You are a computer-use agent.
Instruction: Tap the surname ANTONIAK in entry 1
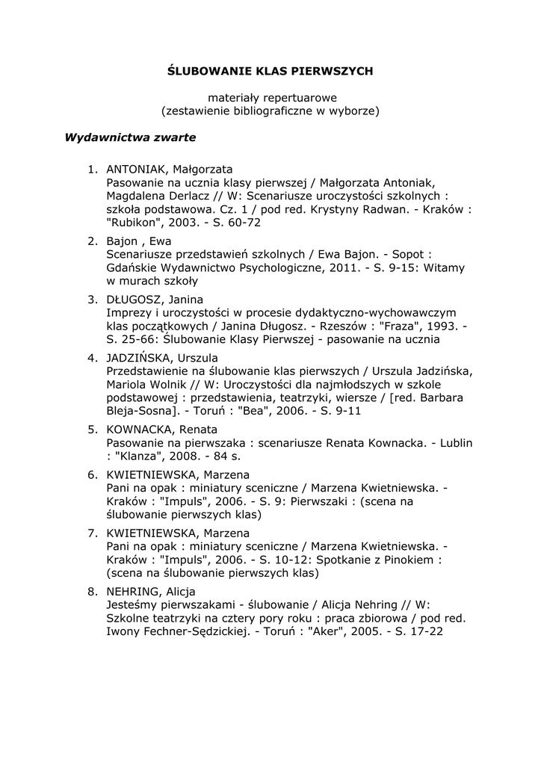[x=134, y=169]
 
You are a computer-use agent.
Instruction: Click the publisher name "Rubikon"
[x=135, y=223]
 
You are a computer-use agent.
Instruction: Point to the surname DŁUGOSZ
[x=133, y=299]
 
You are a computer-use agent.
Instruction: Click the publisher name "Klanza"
[x=143, y=456]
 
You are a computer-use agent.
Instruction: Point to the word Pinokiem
[x=410, y=560]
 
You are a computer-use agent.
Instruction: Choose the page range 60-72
[x=242, y=223]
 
